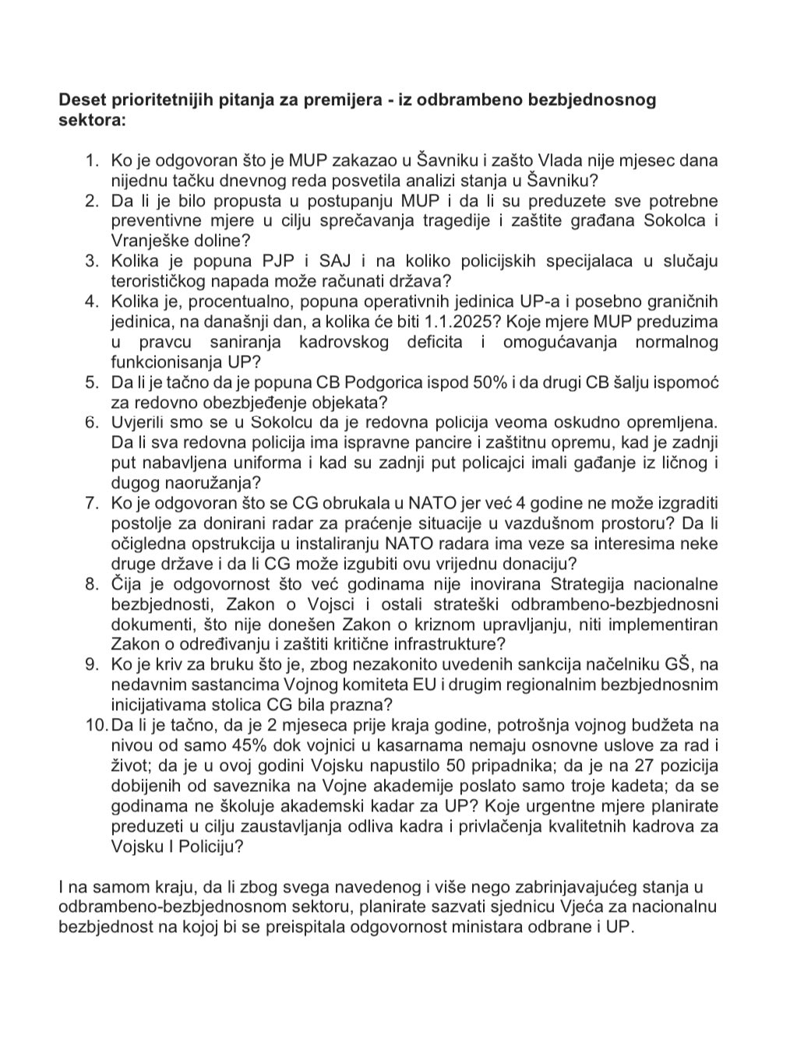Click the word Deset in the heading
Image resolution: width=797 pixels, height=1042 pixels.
(81, 100)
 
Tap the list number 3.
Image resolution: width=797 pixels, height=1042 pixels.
(92, 260)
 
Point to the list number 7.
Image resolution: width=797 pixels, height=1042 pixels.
(92, 503)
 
